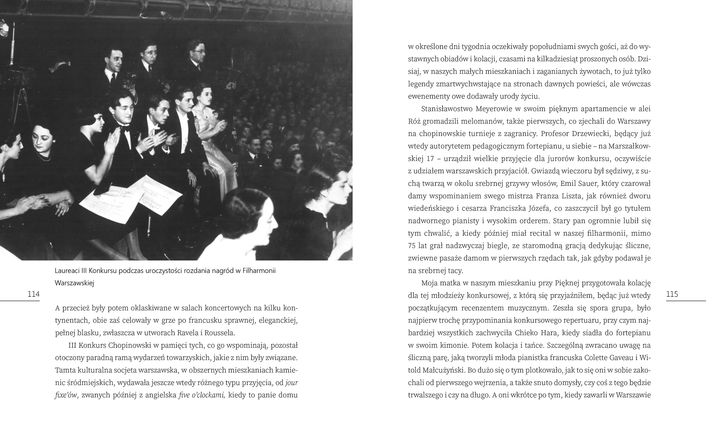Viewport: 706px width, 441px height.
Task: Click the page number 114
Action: [34, 294]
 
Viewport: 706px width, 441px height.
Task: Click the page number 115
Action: [672, 294]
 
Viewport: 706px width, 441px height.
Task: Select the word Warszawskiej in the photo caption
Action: [75, 283]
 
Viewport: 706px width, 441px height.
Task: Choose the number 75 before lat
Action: [412, 246]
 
